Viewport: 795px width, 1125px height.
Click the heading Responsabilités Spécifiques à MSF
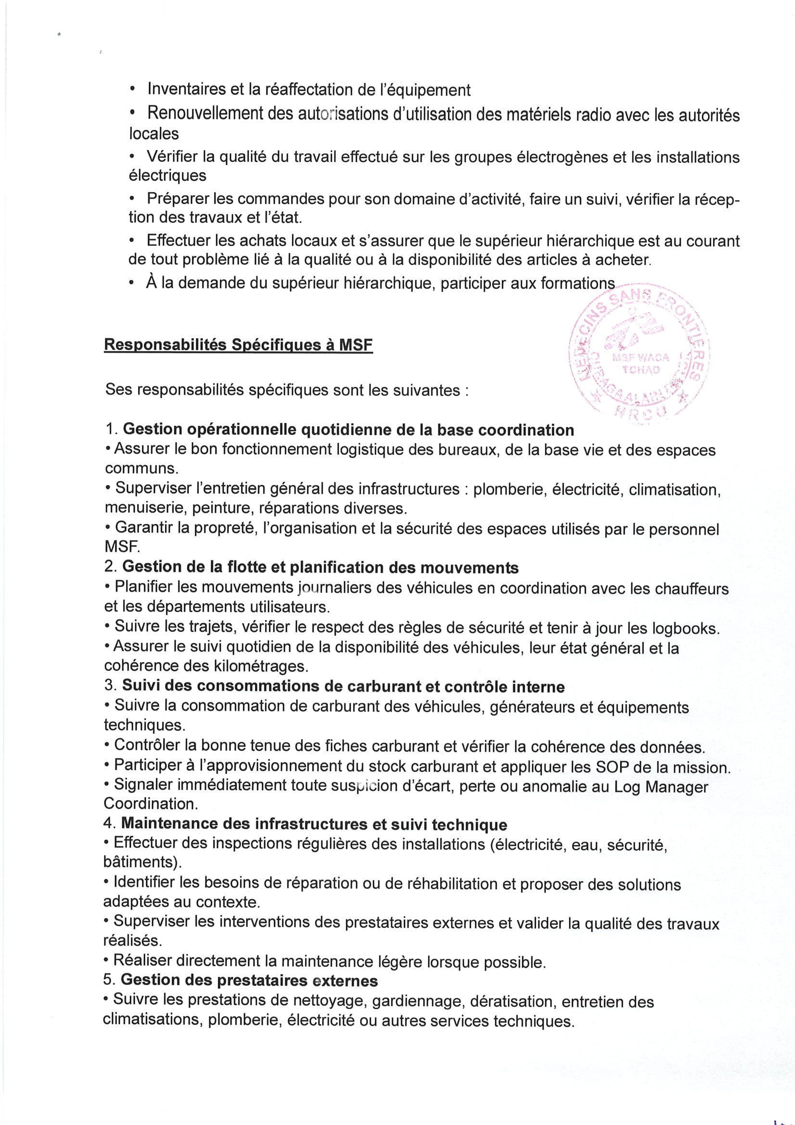point(238,345)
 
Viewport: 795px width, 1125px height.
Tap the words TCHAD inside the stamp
point(641,370)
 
